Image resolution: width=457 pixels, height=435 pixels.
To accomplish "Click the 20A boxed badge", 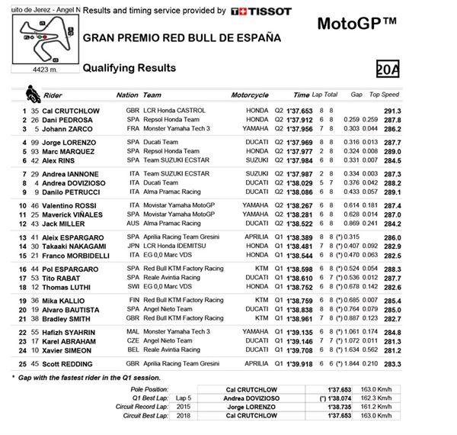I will point(388,69).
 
